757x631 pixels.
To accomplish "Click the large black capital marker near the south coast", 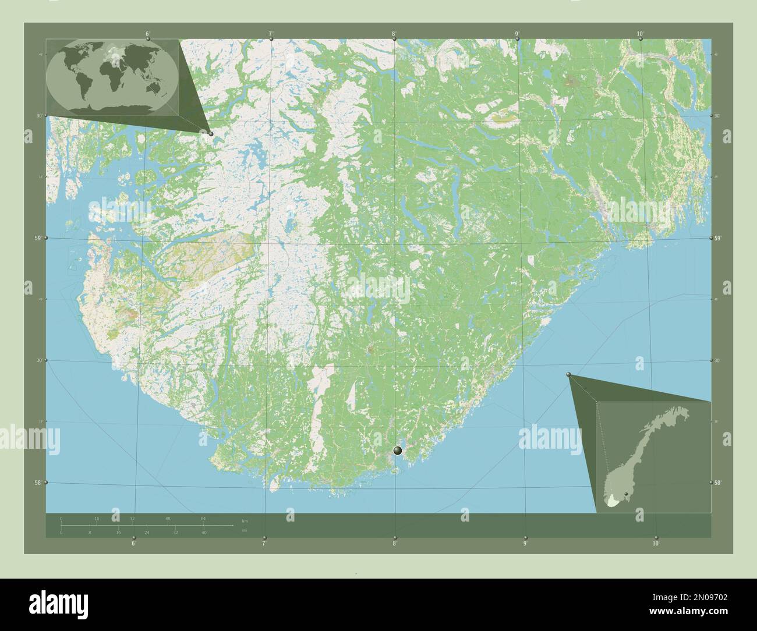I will click(398, 450).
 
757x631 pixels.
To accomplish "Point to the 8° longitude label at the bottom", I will click(395, 544).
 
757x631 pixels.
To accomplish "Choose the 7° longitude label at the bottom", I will click(264, 544).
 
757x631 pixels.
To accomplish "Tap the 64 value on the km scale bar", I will click(203, 518).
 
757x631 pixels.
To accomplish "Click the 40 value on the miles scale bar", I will click(203, 533).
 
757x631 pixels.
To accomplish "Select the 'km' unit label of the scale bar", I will click(245, 520).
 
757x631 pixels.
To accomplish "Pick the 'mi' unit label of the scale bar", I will click(245, 530).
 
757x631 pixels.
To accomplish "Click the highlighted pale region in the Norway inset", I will click(611, 502).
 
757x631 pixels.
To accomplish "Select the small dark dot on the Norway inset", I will click(626, 494).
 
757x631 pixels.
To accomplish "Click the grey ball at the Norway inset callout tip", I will click(569, 376).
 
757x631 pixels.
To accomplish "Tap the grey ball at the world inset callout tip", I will click(211, 134).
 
